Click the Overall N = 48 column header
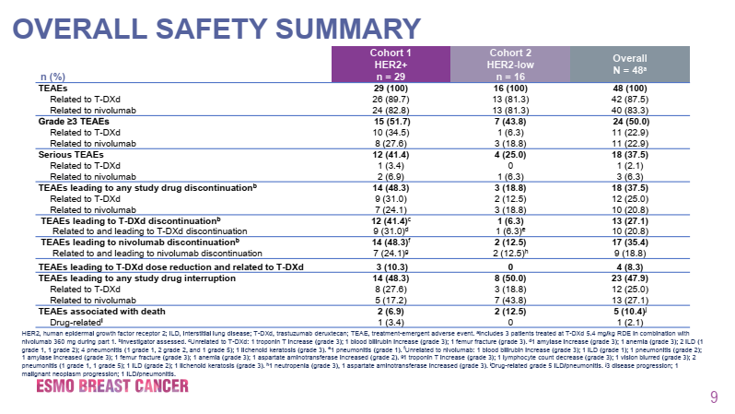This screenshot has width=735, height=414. [629, 65]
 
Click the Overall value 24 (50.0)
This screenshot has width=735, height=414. [629, 121]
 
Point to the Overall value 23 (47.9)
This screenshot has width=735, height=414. [629, 278]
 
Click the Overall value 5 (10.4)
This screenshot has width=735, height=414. [629, 311]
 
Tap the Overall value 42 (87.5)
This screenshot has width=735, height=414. [629, 99]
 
